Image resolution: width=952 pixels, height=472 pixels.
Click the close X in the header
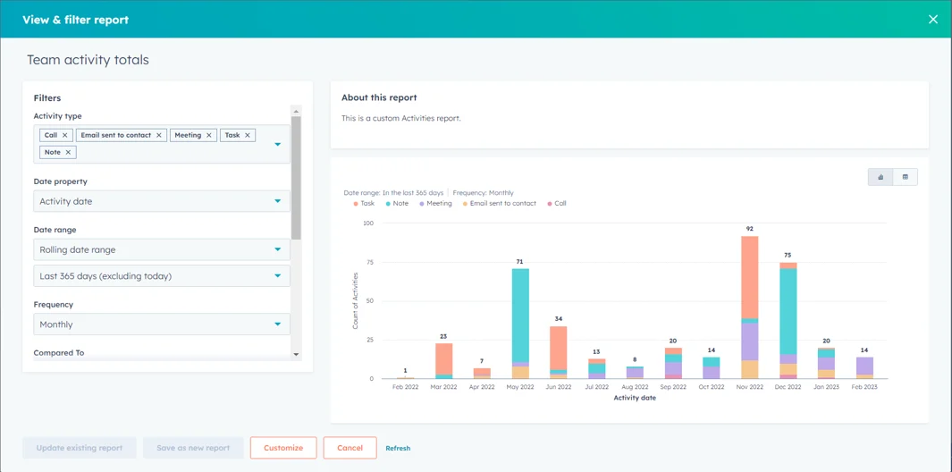pos(932,19)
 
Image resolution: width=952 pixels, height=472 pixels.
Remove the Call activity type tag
pos(65,135)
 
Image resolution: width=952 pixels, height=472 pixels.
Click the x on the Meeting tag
pos(209,135)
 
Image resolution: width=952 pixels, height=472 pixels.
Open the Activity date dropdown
pos(162,201)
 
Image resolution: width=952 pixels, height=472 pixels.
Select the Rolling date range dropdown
pos(162,249)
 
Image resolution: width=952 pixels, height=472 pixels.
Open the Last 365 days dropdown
pos(162,276)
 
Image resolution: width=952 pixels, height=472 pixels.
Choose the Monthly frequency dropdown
pos(162,324)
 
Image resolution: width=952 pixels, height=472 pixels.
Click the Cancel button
pos(350,448)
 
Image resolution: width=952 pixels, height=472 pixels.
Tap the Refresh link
pos(398,448)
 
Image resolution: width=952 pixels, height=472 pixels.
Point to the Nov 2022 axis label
pos(749,387)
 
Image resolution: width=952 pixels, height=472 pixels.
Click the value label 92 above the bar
pos(749,229)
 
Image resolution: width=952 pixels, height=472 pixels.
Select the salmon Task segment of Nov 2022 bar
pos(749,276)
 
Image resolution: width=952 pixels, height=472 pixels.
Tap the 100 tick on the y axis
pos(367,223)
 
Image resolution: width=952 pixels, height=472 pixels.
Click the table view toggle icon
pos(905,177)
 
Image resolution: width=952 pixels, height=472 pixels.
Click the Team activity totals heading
pos(88,60)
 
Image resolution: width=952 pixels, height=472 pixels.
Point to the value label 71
pos(519,262)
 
